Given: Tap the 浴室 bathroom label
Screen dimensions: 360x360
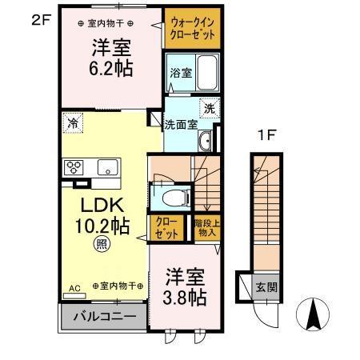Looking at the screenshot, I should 179,73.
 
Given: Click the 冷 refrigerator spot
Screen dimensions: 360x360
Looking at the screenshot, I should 73,123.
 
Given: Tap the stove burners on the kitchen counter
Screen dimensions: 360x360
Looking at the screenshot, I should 74,167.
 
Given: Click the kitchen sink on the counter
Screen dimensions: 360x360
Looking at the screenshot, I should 107,167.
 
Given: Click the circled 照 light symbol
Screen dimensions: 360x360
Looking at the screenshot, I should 102,244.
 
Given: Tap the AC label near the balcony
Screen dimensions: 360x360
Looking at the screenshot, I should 74,286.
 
